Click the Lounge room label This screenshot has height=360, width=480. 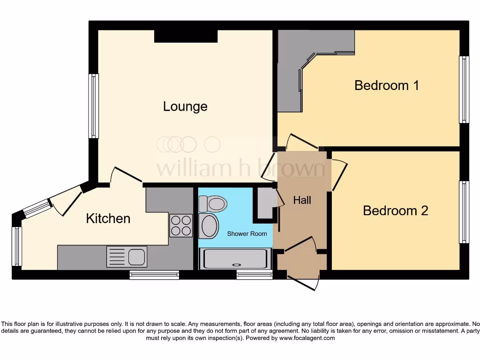(185, 106)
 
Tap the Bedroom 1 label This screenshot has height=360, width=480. (386, 85)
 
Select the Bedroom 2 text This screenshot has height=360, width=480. (395, 210)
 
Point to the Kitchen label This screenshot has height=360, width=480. (108, 218)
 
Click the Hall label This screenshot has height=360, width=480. (302, 201)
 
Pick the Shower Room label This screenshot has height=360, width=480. (247, 233)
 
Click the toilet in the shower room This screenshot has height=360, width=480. (213, 204)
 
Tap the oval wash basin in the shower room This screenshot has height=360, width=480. (209, 226)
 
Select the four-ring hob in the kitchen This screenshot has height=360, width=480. (180, 225)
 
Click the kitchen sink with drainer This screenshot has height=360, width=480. (127, 256)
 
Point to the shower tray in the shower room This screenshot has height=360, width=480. (235, 259)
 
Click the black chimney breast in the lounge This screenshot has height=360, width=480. (186, 36)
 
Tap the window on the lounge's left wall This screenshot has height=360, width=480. (94, 106)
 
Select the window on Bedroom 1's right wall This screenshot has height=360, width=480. (464, 90)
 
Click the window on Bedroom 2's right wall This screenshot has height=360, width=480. (464, 212)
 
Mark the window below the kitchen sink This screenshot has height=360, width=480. (154, 275)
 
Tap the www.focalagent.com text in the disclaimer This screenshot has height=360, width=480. (307, 338)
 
